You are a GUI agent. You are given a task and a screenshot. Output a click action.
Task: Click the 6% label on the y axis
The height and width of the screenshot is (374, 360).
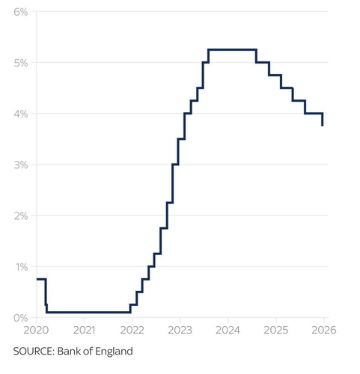(21, 12)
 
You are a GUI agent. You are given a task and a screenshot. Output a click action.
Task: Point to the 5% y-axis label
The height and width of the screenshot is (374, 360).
(21, 63)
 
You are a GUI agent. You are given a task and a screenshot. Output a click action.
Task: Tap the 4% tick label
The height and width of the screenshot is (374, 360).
(21, 114)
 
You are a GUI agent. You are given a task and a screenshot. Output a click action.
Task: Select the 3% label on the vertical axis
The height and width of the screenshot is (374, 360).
(21, 165)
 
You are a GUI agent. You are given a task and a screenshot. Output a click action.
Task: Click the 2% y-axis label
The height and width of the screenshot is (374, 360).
(21, 216)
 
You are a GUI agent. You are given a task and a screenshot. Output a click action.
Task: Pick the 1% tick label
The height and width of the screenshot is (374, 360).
(22, 267)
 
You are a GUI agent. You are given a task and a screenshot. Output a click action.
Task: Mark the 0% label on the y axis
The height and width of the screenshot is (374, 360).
(21, 318)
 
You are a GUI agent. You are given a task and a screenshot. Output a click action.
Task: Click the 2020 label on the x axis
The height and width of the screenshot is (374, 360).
(36, 330)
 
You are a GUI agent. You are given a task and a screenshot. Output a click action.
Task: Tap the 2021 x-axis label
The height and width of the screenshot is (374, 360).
(85, 330)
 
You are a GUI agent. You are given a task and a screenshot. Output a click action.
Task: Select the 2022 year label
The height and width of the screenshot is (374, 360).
(132, 330)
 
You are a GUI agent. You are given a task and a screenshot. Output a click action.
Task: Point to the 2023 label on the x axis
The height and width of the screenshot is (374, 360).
(180, 330)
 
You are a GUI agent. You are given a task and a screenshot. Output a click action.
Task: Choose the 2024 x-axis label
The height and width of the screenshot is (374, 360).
(228, 330)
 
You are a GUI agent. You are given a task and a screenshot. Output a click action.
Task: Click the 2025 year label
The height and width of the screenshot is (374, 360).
(276, 330)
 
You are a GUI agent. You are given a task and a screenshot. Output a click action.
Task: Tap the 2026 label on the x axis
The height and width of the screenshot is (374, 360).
(324, 330)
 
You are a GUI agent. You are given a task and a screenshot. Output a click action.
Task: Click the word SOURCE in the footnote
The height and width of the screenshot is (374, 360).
(34, 352)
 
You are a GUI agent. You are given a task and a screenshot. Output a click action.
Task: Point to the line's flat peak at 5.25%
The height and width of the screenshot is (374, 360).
(232, 49)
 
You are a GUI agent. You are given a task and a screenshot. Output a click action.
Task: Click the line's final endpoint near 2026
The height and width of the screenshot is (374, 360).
(323, 126)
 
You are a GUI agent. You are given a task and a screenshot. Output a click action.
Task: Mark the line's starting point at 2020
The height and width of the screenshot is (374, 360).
(37, 279)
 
